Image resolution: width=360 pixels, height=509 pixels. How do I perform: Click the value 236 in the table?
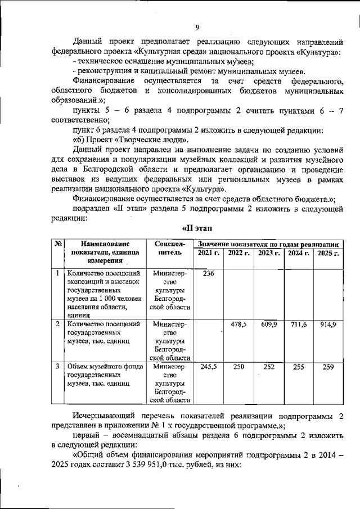click(x=208, y=273)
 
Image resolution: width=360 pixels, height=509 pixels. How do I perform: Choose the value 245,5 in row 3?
click(x=208, y=366)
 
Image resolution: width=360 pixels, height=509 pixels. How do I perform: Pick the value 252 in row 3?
click(x=268, y=366)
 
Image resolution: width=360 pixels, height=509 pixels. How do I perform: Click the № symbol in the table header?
click(x=58, y=244)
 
